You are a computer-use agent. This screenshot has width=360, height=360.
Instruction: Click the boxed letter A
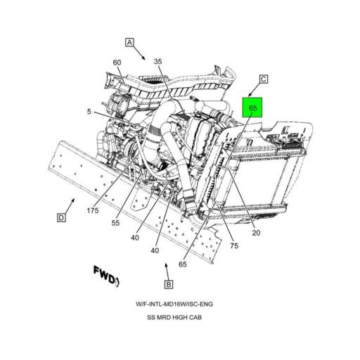tap(129, 42)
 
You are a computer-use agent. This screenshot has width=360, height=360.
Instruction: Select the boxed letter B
tap(169, 285)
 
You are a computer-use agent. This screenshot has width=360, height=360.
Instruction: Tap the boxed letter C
tap(264, 79)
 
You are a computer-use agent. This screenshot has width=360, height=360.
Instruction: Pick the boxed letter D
tap(61, 218)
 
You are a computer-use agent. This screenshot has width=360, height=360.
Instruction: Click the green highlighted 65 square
tap(252, 108)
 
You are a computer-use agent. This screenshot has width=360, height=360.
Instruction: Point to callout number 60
tap(117, 63)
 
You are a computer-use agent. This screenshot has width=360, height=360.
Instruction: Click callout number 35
tap(157, 61)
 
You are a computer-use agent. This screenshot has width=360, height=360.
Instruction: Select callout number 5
tap(89, 112)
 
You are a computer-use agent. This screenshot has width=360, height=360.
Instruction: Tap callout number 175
tap(93, 210)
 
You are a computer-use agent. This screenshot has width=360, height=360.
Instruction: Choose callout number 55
tap(115, 223)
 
